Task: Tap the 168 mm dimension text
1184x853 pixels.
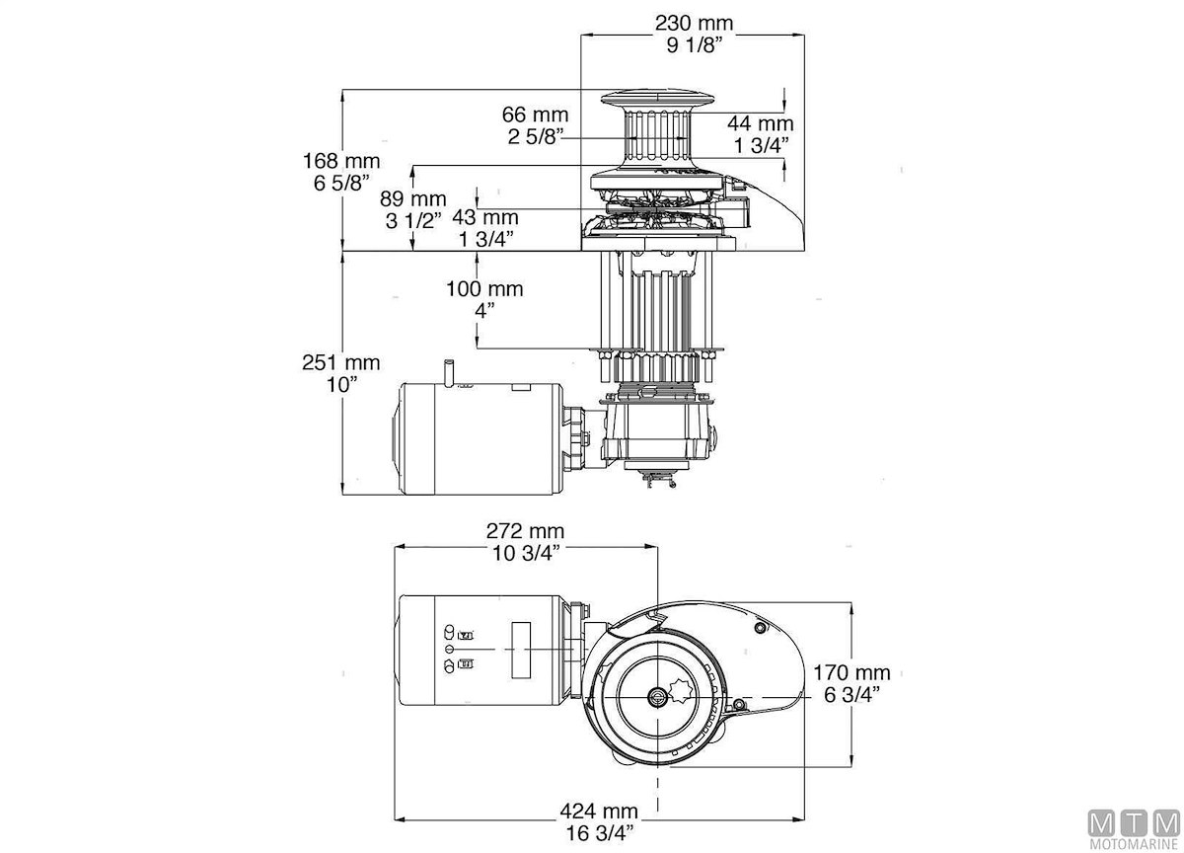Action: click(x=341, y=160)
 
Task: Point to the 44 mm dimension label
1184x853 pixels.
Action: click(x=760, y=123)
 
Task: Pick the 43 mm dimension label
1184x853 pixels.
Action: click(x=484, y=216)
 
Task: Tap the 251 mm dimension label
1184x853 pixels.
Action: click(x=340, y=363)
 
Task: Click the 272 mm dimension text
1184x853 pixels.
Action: click(x=525, y=530)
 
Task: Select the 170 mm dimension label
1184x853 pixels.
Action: click(x=851, y=672)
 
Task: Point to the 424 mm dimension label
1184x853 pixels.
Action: click(x=598, y=812)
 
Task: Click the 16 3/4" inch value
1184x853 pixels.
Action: click(x=598, y=833)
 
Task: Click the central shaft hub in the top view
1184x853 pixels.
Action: click(x=657, y=696)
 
